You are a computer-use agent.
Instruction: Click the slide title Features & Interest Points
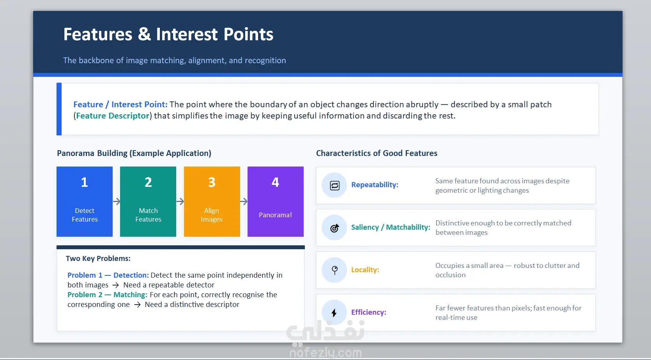168,34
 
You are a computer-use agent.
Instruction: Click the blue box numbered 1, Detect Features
85,202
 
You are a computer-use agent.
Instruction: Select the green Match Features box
148,202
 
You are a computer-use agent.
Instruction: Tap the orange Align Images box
212,202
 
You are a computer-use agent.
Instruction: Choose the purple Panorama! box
276,202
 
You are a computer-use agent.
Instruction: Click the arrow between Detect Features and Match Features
117,201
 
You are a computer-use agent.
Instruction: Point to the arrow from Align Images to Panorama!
244,201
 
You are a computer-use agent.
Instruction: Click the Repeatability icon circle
334,185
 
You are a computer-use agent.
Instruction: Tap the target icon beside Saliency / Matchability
334,228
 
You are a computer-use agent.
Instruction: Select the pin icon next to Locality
334,270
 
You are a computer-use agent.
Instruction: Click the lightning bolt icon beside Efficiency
334,312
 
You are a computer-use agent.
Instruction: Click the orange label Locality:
365,270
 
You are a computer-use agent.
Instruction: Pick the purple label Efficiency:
368,312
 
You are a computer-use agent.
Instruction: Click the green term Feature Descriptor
113,116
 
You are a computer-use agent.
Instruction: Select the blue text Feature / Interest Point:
120,105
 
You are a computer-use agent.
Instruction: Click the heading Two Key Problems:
98,259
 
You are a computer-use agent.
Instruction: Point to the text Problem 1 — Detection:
108,275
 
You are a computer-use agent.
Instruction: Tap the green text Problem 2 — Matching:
108,294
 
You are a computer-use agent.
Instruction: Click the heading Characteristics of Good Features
377,153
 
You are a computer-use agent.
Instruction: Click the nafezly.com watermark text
326,353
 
